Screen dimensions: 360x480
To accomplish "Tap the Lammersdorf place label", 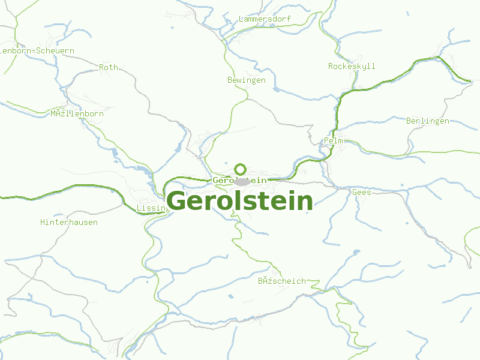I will (x=265, y=19).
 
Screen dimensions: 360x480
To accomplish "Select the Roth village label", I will (x=109, y=68).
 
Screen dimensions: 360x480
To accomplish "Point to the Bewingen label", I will (x=247, y=80).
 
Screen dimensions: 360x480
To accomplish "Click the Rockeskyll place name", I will (x=352, y=67).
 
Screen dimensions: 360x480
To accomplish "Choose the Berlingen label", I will (x=428, y=121).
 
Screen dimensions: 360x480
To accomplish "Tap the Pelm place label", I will (x=334, y=141).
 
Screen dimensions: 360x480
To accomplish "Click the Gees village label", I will (x=362, y=193).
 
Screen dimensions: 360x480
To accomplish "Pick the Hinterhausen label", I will (x=69, y=223).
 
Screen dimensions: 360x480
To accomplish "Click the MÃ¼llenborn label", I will (x=77, y=114).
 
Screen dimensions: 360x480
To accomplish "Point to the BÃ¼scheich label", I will (x=282, y=281).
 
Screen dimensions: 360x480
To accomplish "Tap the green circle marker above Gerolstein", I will (x=241, y=169).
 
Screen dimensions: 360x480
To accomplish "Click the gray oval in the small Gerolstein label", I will (x=242, y=181).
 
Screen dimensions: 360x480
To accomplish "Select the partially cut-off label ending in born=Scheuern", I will (x=37, y=51).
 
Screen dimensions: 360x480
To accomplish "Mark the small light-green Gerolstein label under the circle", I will (x=239, y=181).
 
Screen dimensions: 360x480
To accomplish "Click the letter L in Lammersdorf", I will (x=241, y=19).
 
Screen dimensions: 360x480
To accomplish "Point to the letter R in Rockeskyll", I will (x=331, y=67).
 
